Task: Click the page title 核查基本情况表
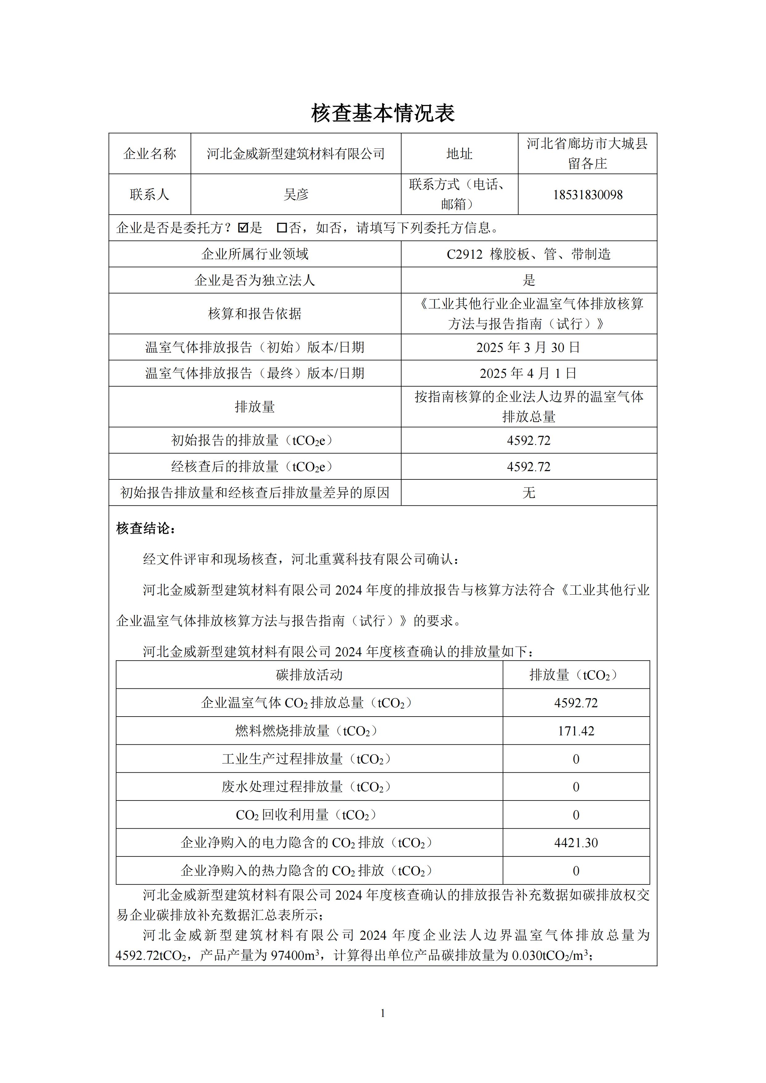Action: [x=383, y=114]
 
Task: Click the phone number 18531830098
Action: [x=587, y=195]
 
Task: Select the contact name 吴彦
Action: [x=296, y=194]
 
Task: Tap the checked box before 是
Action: [x=243, y=228]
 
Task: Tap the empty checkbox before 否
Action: [x=282, y=228]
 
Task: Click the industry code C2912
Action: [x=465, y=255]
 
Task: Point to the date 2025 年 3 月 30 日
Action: [x=528, y=348]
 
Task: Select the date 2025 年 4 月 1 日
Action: [x=528, y=374]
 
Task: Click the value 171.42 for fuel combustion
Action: [x=576, y=731]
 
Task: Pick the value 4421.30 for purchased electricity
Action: [x=576, y=843]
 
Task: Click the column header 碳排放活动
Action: [x=309, y=675]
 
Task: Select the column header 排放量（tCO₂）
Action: [x=576, y=675]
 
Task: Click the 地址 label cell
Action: [x=459, y=154]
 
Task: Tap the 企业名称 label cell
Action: [x=149, y=154]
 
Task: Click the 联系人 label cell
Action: [x=149, y=194]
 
